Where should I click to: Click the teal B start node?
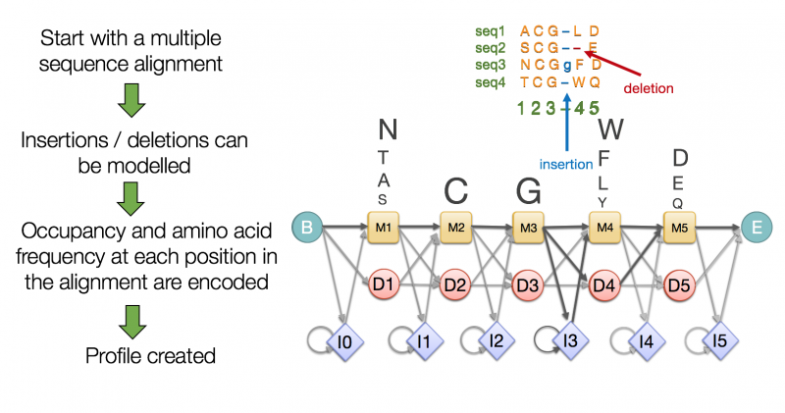(x=307, y=229)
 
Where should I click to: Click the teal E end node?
(x=756, y=229)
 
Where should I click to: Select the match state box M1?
(x=382, y=229)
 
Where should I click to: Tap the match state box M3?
(x=529, y=229)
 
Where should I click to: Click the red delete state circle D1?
(x=385, y=285)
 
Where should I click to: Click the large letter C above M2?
(x=455, y=189)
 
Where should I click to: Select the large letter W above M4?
(x=610, y=129)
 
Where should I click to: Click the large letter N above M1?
(x=388, y=129)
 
